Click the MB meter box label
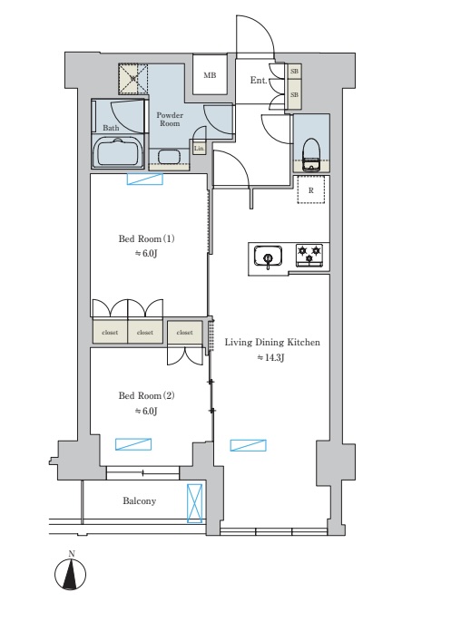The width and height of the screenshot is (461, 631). tap(210, 75)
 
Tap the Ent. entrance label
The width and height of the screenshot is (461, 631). tap(259, 80)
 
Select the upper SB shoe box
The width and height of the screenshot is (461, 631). tap(294, 72)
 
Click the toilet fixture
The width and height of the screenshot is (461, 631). tap(311, 155)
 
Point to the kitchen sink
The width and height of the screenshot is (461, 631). tap(268, 257)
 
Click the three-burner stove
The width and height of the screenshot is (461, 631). tap(309, 255)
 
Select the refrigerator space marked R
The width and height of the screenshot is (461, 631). tap(310, 190)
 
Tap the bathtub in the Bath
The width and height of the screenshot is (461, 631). tap(118, 151)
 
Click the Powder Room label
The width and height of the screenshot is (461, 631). tap(170, 119)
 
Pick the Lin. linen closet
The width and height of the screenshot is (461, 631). tap(199, 149)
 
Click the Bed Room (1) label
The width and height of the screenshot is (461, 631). tap(147, 238)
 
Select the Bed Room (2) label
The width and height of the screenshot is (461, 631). tap(147, 395)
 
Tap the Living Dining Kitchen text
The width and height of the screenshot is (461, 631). tap(272, 343)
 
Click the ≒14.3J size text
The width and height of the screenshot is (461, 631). tap(270, 357)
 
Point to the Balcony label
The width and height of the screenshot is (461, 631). tap(140, 501)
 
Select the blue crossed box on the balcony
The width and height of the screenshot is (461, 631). tap(195, 503)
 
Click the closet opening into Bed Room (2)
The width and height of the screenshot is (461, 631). tap(184, 333)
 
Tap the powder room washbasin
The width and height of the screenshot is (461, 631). tap(169, 157)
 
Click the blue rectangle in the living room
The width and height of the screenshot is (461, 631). tap(249, 445)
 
